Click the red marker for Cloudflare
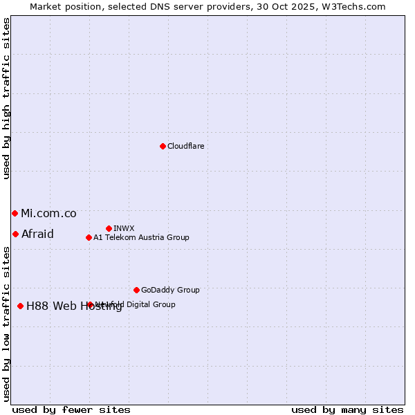tap(163, 146)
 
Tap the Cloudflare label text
tap(186, 146)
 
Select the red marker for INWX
tap(109, 228)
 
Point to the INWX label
tap(124, 228)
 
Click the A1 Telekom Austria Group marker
tap(89, 237)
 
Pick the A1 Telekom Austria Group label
tap(141, 237)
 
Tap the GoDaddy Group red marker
tap(136, 290)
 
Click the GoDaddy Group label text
tap(170, 290)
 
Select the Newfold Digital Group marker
tap(90, 304)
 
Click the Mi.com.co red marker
tap(15, 213)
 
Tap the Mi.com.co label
tap(48, 214)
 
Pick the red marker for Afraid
tap(15, 234)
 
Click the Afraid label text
tap(37, 234)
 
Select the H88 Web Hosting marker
tap(20, 306)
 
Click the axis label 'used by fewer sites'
tap(71, 409)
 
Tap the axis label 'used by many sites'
tap(347, 409)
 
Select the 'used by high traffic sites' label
tap(6, 98)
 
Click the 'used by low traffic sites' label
tap(6, 324)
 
